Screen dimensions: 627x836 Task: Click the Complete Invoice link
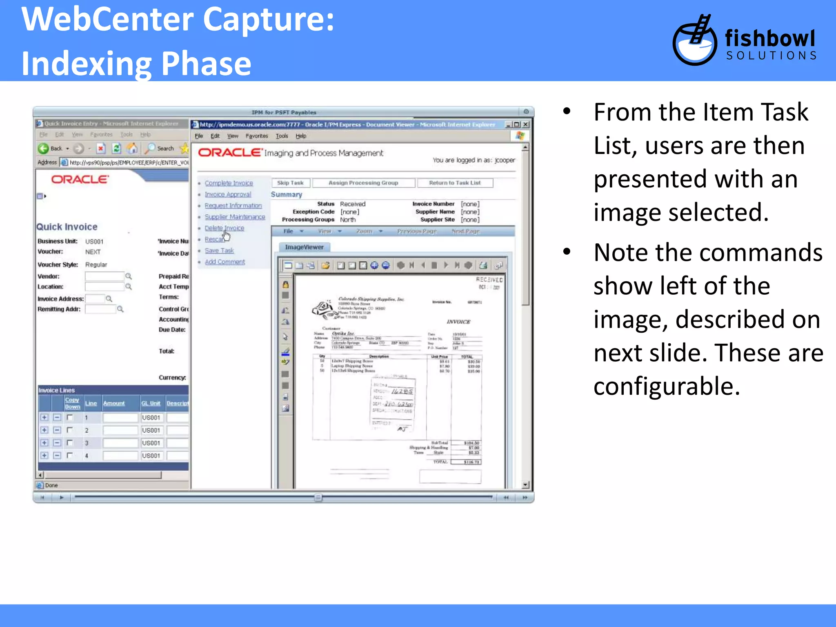(x=229, y=183)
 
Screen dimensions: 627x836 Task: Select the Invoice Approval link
(x=228, y=195)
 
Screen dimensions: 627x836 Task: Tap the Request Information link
(x=233, y=206)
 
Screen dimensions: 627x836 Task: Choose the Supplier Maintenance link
(x=235, y=217)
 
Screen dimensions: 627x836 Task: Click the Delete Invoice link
(x=224, y=228)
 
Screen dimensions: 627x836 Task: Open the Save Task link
(x=219, y=251)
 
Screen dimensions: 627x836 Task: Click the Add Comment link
(x=225, y=262)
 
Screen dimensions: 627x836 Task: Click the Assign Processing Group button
(x=363, y=183)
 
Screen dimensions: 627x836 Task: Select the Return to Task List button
(x=455, y=183)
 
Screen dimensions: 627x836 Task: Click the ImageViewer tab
(x=304, y=247)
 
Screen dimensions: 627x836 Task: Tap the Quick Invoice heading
(x=67, y=227)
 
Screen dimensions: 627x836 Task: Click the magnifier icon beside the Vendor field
(x=129, y=276)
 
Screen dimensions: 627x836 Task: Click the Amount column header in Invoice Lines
(x=114, y=403)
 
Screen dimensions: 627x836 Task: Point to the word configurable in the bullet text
(x=666, y=386)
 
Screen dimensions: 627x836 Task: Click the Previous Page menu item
(x=417, y=231)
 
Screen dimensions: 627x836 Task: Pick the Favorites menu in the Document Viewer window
(x=257, y=136)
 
